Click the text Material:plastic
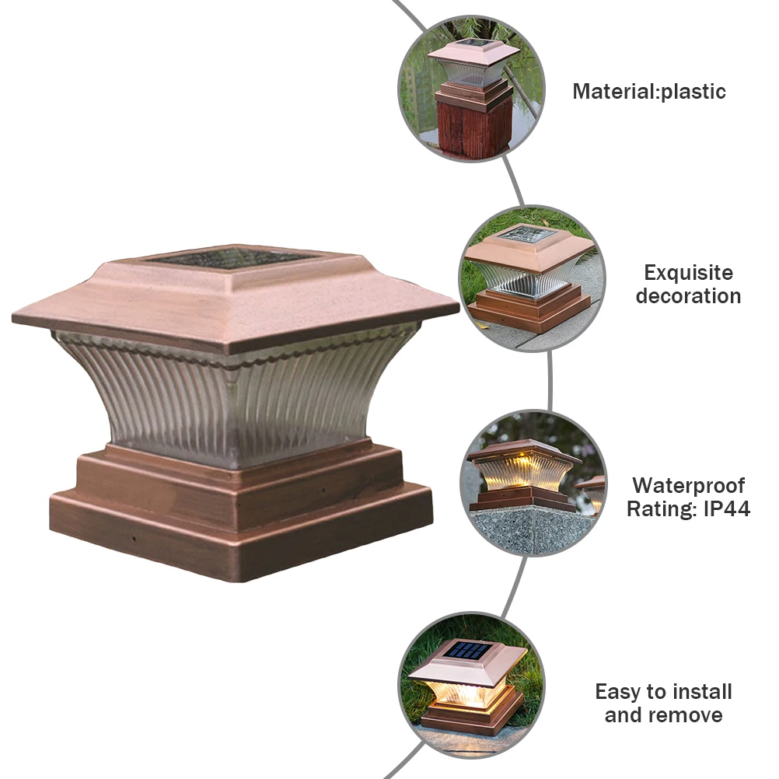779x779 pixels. click(x=649, y=92)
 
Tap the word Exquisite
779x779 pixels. click(x=688, y=273)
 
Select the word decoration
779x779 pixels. click(x=688, y=296)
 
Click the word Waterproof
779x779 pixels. click(x=688, y=486)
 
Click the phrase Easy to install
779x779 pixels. click(x=663, y=691)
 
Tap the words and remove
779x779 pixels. click(x=663, y=715)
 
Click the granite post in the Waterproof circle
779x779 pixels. click(x=529, y=529)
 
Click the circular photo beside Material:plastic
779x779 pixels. click(x=471, y=89)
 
